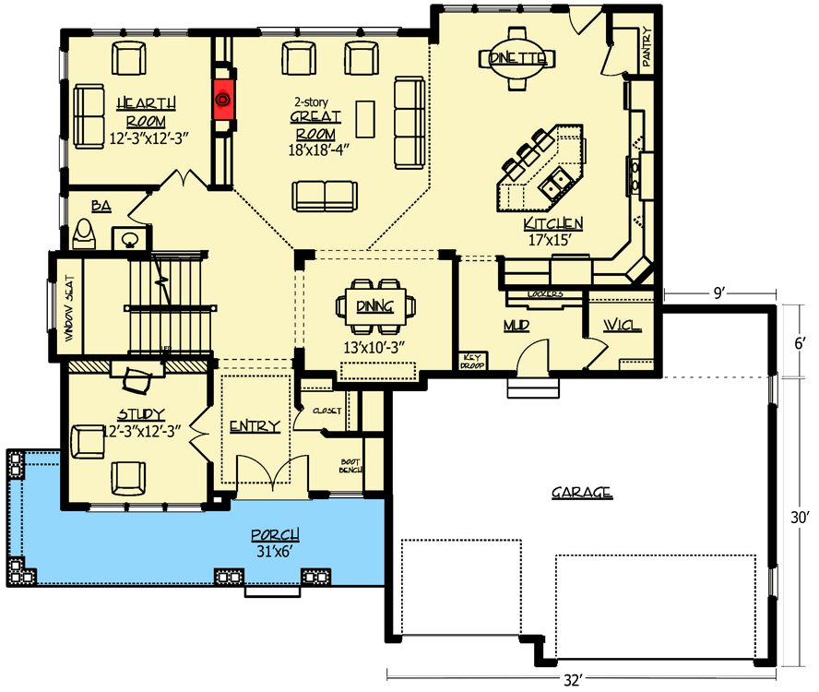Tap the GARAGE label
coord(581,493)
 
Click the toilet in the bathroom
coord(85,233)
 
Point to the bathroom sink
coord(129,238)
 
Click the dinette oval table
coord(518,58)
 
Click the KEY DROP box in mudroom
coord(473,360)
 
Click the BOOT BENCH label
coord(350,465)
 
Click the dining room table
coord(377,305)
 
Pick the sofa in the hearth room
coord(89,115)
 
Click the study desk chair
coord(136,376)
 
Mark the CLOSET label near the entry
coord(327,411)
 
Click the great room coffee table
coord(367,117)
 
